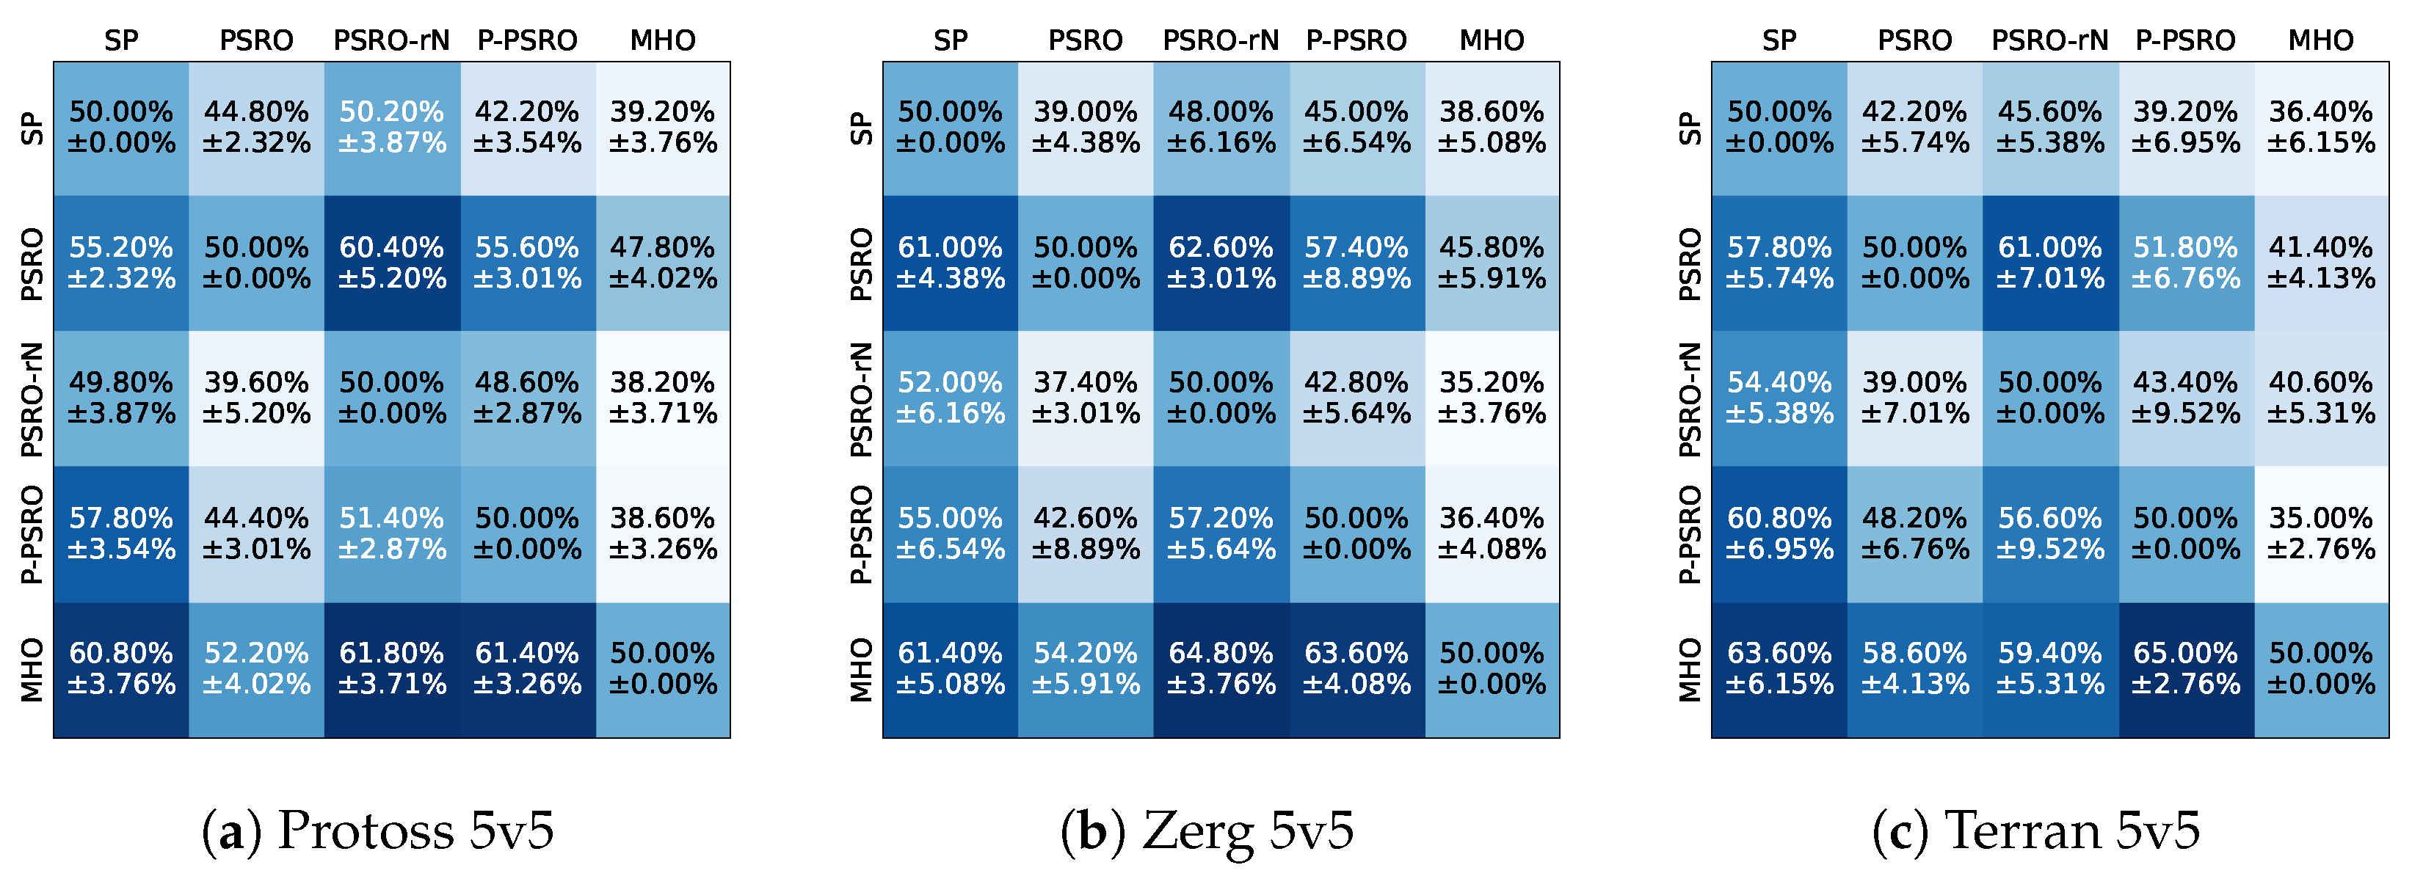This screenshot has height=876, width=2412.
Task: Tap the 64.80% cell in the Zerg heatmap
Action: coord(1221,669)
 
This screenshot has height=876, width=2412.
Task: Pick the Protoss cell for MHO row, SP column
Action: coord(121,669)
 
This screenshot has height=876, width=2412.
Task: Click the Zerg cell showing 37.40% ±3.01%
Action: coord(1085,398)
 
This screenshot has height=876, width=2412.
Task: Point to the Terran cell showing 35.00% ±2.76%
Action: coord(2320,533)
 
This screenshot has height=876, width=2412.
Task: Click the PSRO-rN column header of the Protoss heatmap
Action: coord(391,40)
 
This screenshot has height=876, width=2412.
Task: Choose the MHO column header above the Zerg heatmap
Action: coord(1492,40)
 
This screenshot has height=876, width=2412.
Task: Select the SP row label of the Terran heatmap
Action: coord(1689,128)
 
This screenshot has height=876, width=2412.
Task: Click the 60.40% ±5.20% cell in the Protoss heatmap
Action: coord(391,263)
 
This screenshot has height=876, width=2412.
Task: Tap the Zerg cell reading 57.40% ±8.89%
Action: coord(1356,263)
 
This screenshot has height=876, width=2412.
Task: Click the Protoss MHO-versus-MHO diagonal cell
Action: coord(663,669)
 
